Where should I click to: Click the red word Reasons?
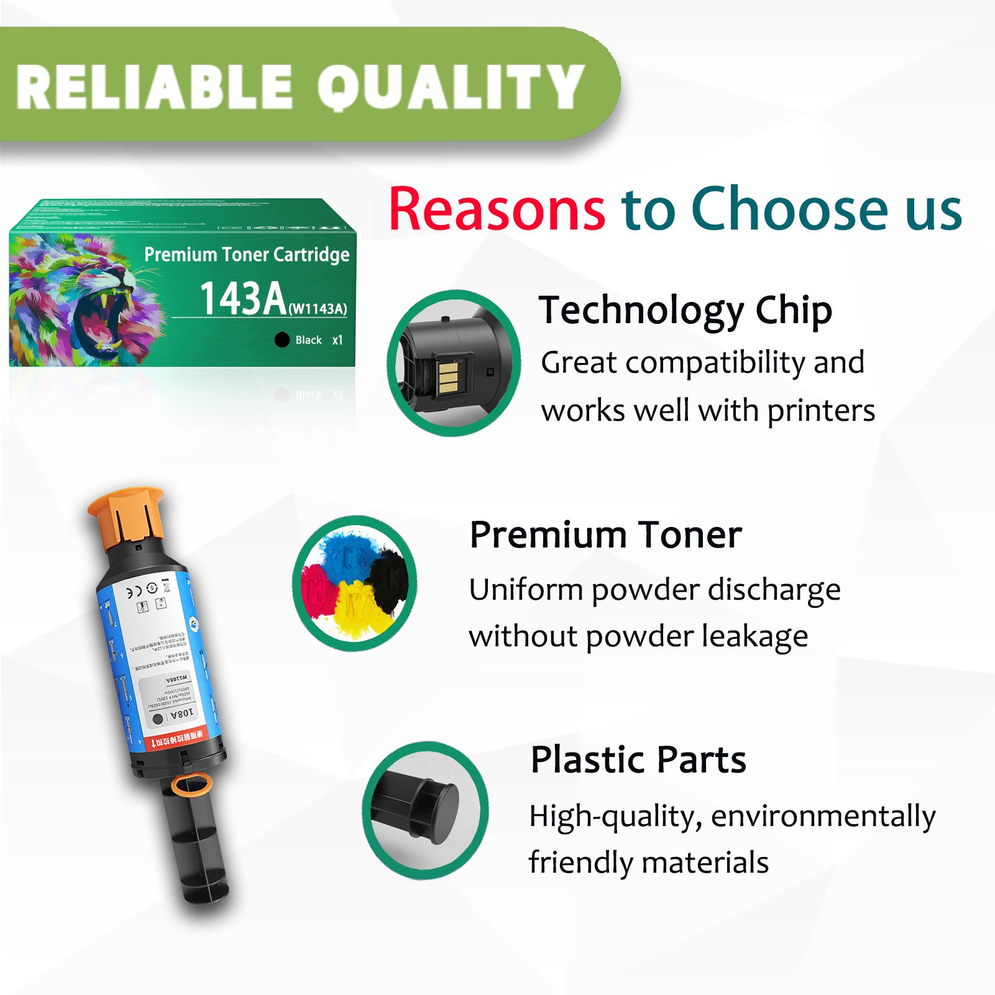tap(497, 209)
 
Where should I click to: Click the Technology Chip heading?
tap(685, 310)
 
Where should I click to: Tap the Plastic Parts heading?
tap(638, 759)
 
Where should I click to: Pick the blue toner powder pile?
tap(348, 553)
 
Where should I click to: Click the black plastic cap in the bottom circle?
tap(438, 811)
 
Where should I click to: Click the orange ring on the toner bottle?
tap(191, 784)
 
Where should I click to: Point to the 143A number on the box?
tap(243, 299)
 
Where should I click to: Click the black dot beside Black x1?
tap(282, 339)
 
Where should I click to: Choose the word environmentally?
tap(823, 817)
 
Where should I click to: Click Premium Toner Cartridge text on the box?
tap(247, 255)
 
